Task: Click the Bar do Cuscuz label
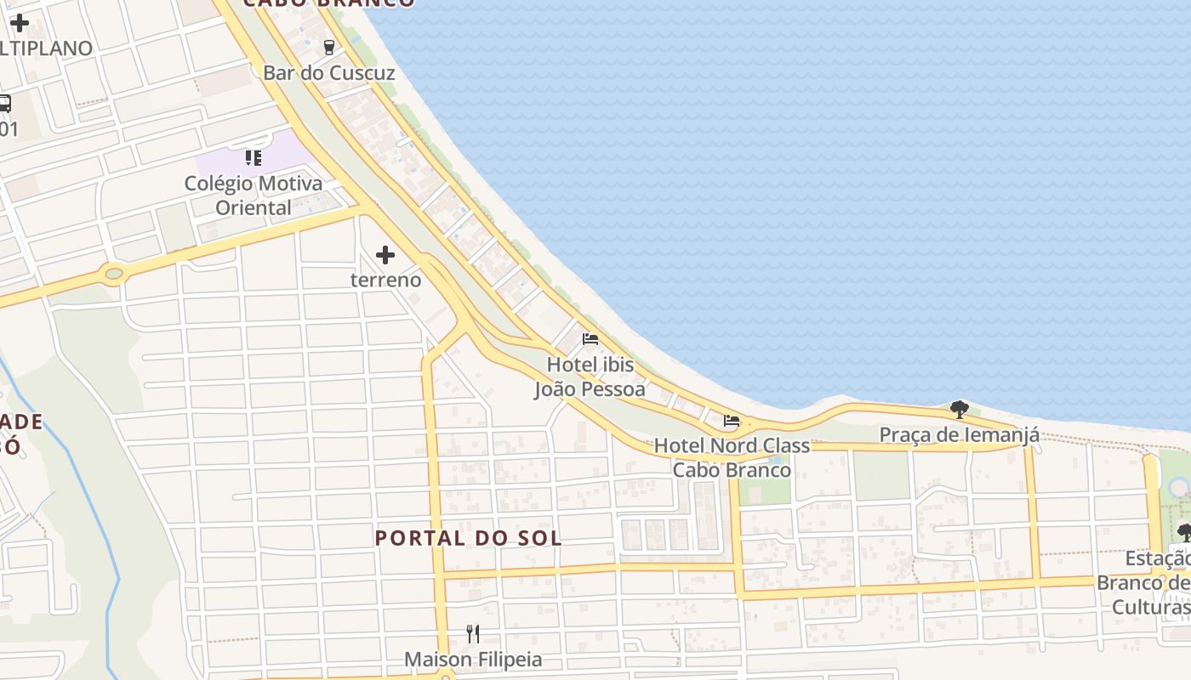click(x=329, y=73)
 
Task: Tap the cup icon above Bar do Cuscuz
click(x=329, y=47)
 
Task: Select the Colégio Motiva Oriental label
click(x=254, y=195)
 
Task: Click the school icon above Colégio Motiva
click(x=253, y=157)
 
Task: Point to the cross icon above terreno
click(x=385, y=254)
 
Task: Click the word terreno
click(x=385, y=280)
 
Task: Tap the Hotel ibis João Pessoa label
click(x=590, y=377)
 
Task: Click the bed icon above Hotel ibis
click(x=590, y=339)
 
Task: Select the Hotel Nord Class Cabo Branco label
click(x=732, y=457)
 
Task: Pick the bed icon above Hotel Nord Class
click(x=731, y=420)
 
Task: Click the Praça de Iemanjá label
click(x=959, y=435)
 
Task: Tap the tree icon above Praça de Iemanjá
click(x=959, y=410)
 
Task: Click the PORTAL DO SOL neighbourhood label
click(x=469, y=538)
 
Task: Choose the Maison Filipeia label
click(x=473, y=660)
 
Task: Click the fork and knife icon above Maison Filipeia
click(x=473, y=633)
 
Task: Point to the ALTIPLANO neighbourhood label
click(x=46, y=48)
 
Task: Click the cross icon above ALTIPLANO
click(x=19, y=23)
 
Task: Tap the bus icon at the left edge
click(x=4, y=105)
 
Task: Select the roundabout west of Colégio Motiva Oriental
click(x=113, y=274)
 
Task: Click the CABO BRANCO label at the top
click(x=329, y=3)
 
